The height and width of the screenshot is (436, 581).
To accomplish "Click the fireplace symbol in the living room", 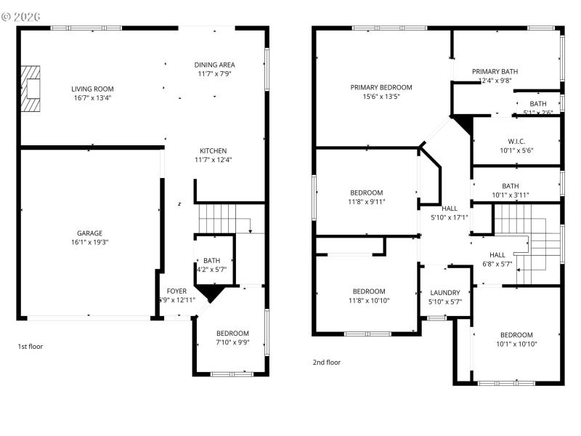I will [x=30, y=89].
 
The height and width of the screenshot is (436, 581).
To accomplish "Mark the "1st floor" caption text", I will [x=31, y=347].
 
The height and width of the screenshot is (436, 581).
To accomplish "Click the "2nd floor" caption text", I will [x=326, y=362].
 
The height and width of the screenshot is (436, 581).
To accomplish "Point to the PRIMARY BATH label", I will [x=495, y=71].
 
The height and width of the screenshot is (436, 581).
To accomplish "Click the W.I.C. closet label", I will [x=516, y=141].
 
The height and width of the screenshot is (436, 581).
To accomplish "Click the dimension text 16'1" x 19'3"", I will [x=89, y=243].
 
